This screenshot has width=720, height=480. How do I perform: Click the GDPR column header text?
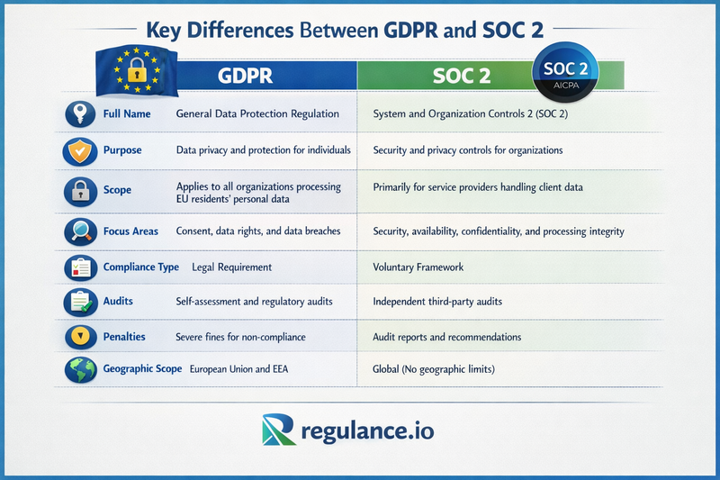[x=246, y=77]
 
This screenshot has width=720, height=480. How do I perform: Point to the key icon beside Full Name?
[x=80, y=114]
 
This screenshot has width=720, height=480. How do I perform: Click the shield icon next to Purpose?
[x=80, y=150]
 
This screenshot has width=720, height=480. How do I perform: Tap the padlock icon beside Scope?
[x=80, y=190]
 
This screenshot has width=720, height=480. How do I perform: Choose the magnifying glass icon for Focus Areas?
[x=80, y=231]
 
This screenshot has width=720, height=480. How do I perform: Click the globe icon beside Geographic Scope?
[x=80, y=369]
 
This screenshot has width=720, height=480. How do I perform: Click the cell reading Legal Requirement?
[x=232, y=267]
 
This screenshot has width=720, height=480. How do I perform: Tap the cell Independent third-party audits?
[x=436, y=301]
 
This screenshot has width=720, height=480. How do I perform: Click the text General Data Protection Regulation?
[x=257, y=114]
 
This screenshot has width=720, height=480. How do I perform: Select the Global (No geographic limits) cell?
[x=434, y=369]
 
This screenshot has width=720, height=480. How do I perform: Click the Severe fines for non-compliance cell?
[x=241, y=337]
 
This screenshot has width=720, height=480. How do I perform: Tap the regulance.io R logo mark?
[x=280, y=430]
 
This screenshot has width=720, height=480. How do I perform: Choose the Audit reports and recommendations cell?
[x=447, y=337]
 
